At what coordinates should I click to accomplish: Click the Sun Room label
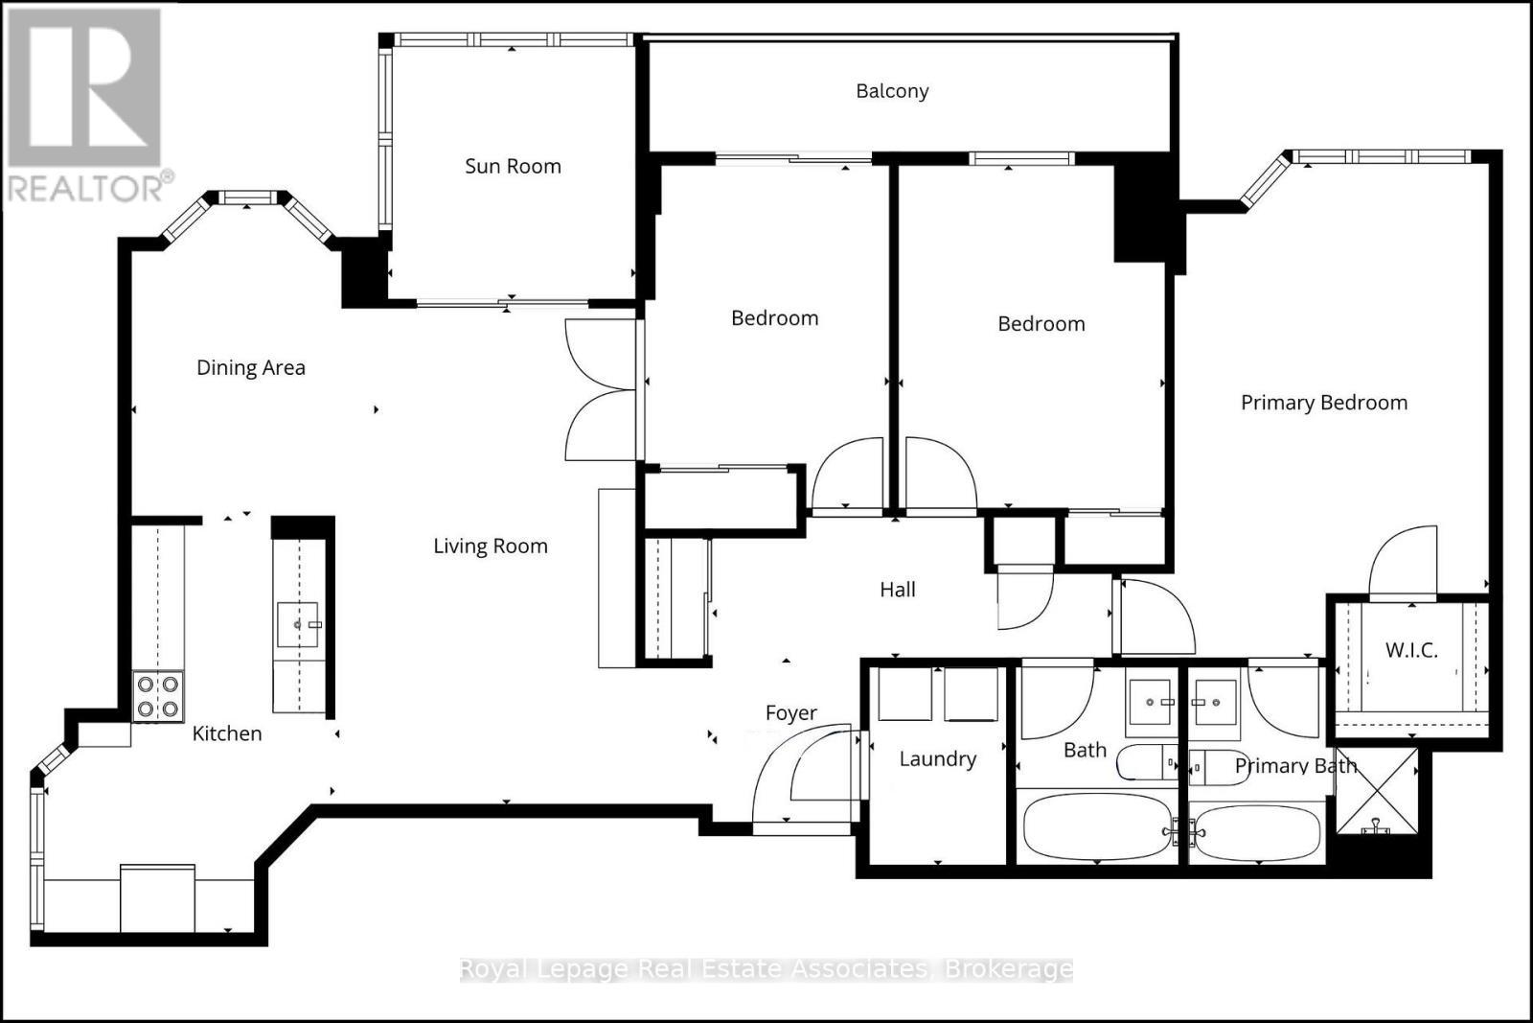[513, 166]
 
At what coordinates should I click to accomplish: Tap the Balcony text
[892, 91]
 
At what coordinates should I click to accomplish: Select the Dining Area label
[251, 367]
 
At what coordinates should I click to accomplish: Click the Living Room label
[490, 546]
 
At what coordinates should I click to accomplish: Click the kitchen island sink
[298, 625]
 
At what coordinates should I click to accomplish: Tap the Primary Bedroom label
[1324, 403]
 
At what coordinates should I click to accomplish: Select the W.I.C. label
[1411, 650]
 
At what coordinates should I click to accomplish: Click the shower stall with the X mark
[1377, 791]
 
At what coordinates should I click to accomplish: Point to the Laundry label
[937, 759]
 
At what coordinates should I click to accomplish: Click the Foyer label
[790, 713]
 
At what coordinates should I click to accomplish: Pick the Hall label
[898, 590]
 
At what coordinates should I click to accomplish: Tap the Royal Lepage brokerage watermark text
[766, 969]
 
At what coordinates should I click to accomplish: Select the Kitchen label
[227, 733]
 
